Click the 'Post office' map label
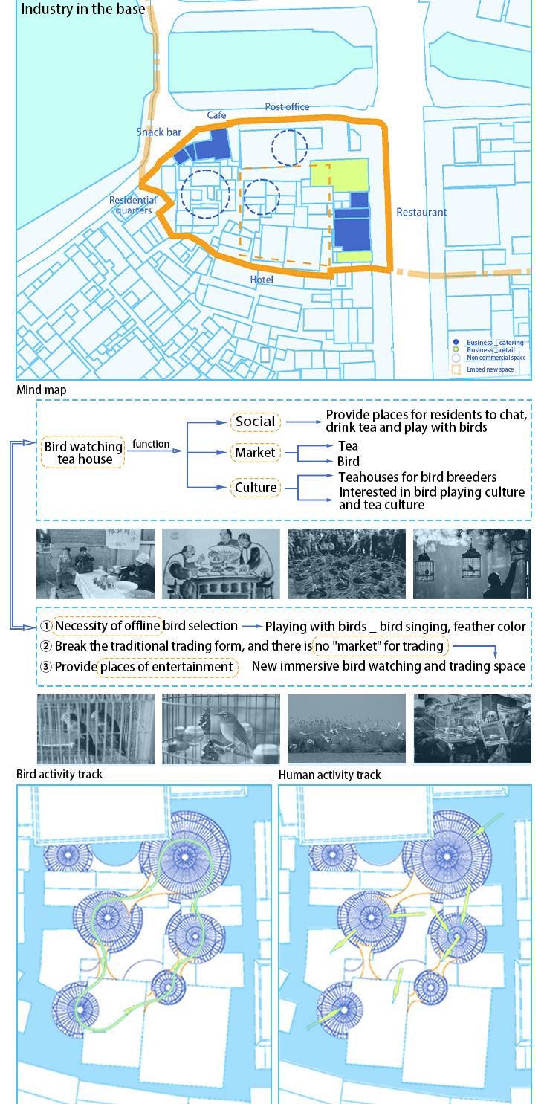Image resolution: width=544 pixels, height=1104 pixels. (287, 107)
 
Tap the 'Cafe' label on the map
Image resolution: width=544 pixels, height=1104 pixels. (216, 115)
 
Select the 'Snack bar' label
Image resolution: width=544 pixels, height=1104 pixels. (159, 132)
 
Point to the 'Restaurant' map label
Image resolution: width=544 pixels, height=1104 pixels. (421, 212)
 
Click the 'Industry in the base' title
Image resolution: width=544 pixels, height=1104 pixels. (83, 10)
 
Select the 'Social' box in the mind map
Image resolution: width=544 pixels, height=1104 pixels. (255, 422)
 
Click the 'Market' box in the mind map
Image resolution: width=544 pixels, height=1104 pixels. (255, 453)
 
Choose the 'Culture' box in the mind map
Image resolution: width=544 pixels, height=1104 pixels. (256, 488)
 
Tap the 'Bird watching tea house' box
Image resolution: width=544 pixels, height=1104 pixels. (83, 453)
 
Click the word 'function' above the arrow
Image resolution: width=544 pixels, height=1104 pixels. (151, 444)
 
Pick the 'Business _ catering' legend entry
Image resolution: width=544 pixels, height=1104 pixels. (495, 343)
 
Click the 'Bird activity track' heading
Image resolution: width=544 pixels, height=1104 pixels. (59, 774)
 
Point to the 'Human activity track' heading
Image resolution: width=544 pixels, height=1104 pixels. (329, 775)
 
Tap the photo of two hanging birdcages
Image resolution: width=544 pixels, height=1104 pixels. (472, 564)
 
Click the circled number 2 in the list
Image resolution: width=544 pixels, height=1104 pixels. (46, 647)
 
